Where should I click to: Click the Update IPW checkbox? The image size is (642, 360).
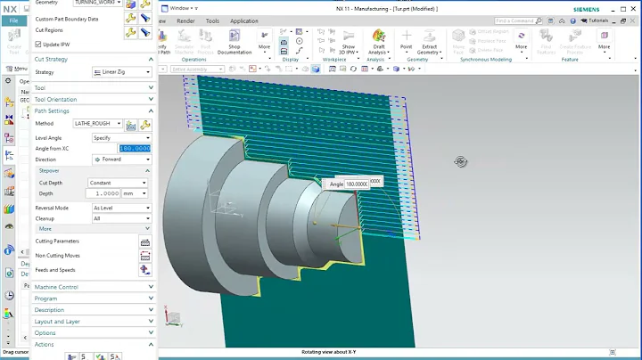[38, 44]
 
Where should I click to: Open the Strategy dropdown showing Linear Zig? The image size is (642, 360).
[121, 72]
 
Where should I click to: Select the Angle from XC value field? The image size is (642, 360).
[135, 148]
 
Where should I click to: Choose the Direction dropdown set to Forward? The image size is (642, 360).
[121, 160]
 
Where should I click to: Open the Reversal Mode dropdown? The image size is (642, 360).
[121, 208]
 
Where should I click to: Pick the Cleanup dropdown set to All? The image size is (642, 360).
[121, 218]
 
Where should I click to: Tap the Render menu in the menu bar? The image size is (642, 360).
[185, 20]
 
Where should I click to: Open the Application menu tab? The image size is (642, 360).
[243, 20]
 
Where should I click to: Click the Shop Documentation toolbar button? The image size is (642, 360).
[235, 45]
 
